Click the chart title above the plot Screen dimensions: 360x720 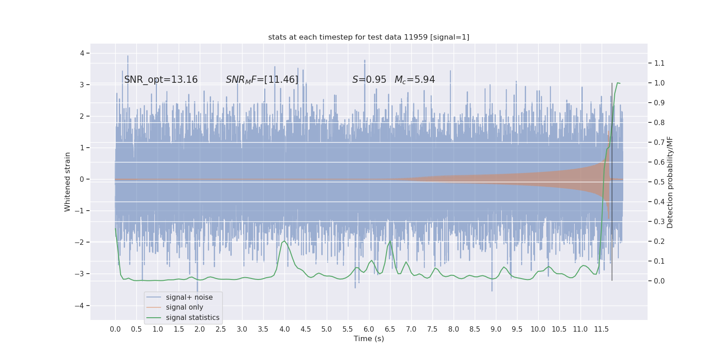(369, 37)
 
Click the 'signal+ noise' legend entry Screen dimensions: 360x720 (189, 297)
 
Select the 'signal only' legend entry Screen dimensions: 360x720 (184, 307)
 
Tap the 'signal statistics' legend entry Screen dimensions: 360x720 (193, 318)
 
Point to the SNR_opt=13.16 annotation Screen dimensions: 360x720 (161, 80)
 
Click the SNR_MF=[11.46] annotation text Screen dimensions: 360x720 (262, 80)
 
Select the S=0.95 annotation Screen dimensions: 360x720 (369, 80)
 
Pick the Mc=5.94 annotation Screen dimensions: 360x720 (414, 80)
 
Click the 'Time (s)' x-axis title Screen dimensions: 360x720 (369, 339)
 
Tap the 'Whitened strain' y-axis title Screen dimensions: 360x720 (67, 182)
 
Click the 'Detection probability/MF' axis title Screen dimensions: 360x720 (670, 182)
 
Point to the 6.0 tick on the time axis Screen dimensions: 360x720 (369, 329)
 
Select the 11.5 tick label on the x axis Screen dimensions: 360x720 (601, 329)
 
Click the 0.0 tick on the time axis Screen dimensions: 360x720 (115, 329)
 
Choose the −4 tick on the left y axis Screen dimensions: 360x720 (81, 306)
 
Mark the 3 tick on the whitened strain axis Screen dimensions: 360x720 (82, 85)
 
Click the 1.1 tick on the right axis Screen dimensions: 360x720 (659, 63)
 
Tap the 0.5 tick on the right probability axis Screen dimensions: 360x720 (659, 182)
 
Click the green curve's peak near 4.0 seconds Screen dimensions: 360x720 (284, 241)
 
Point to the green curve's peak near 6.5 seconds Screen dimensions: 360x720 (390, 241)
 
